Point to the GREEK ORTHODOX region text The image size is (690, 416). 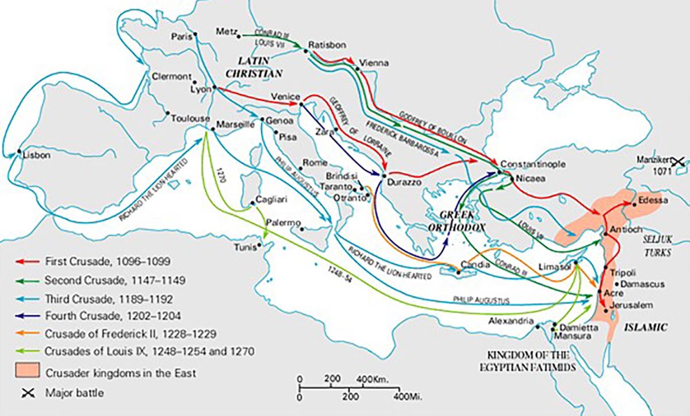click(x=462, y=220)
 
